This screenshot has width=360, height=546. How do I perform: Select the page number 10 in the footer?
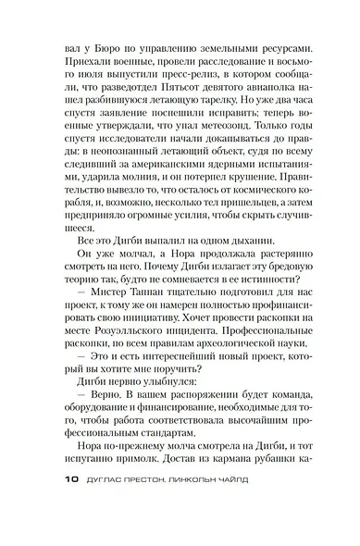[51, 533]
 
